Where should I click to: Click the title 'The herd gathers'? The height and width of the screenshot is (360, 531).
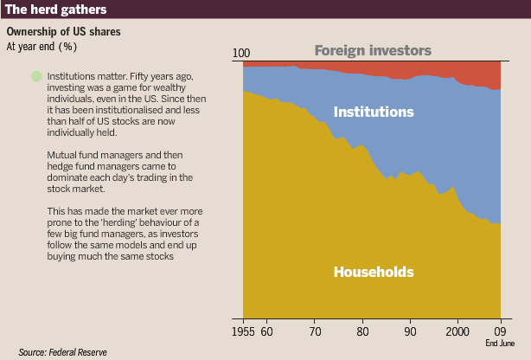tap(56, 10)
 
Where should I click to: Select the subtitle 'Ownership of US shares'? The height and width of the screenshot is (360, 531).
tap(64, 31)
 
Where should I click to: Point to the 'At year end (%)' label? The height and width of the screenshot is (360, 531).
tap(42, 47)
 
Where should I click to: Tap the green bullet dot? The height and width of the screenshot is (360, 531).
tap(36, 76)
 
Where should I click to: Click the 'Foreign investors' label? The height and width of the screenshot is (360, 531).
tap(373, 50)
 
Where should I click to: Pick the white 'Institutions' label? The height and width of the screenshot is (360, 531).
tap(374, 112)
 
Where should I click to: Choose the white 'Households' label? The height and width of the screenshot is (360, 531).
tap(374, 272)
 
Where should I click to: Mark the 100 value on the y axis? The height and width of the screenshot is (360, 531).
tap(241, 53)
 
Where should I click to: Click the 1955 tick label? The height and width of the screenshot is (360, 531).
tap(243, 331)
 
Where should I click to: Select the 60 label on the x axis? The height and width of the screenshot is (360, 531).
tap(267, 331)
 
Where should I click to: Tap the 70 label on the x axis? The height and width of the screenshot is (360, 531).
tap(315, 331)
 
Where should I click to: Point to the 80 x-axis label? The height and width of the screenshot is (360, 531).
tap(362, 331)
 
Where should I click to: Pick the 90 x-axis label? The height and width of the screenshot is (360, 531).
tap(410, 331)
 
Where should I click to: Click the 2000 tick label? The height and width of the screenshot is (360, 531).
tap(457, 331)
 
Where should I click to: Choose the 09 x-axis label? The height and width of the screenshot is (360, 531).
tap(501, 331)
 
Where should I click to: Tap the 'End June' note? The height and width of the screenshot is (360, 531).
tap(500, 343)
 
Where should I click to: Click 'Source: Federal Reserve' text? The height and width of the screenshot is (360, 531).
tap(62, 352)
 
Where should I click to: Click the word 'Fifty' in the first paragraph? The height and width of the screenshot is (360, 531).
tap(139, 77)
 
